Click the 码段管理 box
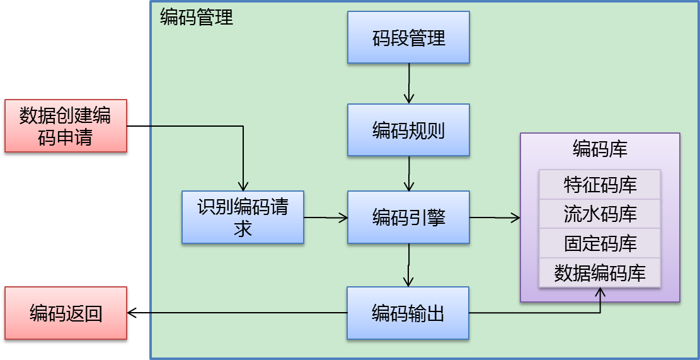pyautogui.click(x=408, y=38)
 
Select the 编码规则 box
pyautogui.click(x=408, y=131)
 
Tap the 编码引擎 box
pyautogui.click(x=408, y=218)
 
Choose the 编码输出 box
pyautogui.click(x=408, y=313)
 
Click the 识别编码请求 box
pyautogui.click(x=243, y=218)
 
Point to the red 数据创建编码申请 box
pyautogui.click(x=66, y=125)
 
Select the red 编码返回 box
pyautogui.click(x=66, y=313)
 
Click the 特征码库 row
pyautogui.click(x=599, y=185)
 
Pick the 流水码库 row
pyautogui.click(x=599, y=214)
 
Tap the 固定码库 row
pyautogui.click(x=599, y=243)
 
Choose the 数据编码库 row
pyautogui.click(x=599, y=273)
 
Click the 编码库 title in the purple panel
pyautogui.click(x=599, y=149)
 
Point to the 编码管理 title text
pyautogui.click(x=197, y=17)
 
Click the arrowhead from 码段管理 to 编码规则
pyautogui.click(x=409, y=98)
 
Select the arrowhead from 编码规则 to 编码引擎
pyautogui.click(x=409, y=186)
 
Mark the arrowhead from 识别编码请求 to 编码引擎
pyautogui.click(x=343, y=218)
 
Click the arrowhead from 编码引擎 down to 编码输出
pyautogui.click(x=409, y=281)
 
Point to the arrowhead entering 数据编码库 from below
pyautogui.click(x=600, y=293)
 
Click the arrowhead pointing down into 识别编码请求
pyautogui.click(x=243, y=185)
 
